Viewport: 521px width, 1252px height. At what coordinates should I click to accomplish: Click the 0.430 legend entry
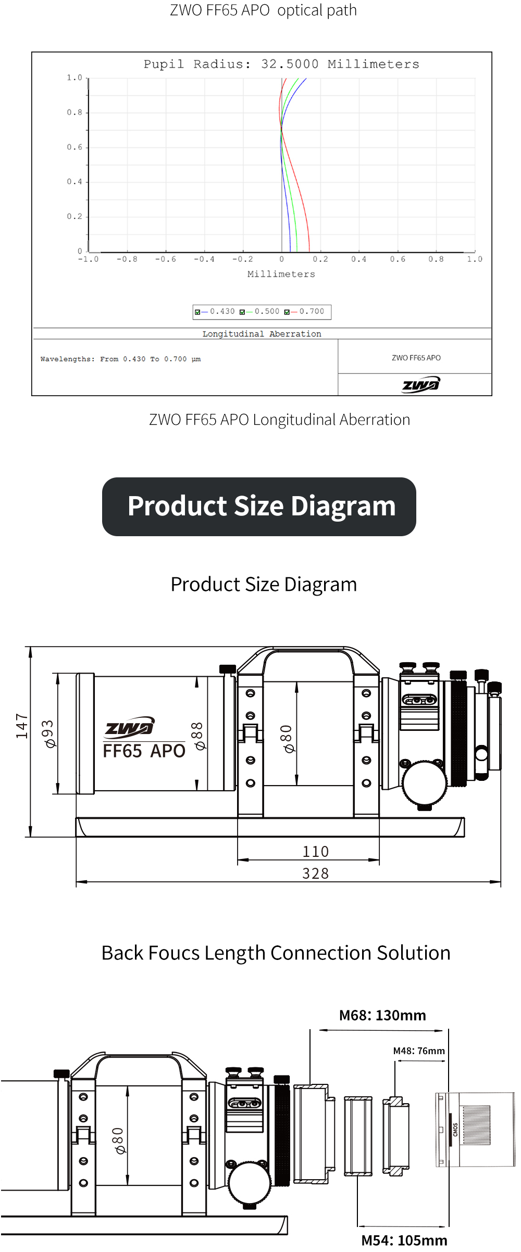coord(215,312)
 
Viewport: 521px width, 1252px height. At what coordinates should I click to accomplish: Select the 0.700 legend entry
coord(304,312)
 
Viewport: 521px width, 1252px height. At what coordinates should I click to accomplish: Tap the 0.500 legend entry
coord(259,312)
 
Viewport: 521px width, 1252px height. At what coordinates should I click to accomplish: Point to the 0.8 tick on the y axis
coord(75,112)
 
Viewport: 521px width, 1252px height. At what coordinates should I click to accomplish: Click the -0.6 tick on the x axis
coord(166,259)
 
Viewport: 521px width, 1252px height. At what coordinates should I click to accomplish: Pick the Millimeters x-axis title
coord(281,274)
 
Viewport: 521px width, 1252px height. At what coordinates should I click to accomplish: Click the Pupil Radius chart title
coord(281,65)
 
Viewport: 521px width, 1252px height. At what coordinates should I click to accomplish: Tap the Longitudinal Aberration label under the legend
coord(262,334)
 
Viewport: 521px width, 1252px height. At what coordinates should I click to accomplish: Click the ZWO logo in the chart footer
coord(421,385)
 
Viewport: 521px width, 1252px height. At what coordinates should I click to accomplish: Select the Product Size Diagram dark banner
coord(259,507)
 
